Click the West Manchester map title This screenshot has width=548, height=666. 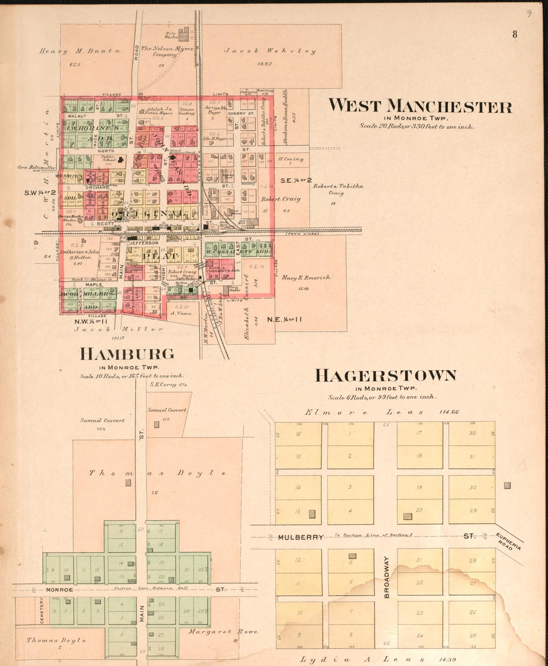(420, 106)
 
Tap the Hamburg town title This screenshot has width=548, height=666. (128, 354)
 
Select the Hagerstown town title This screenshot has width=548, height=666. (386, 375)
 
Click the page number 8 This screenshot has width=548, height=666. (515, 34)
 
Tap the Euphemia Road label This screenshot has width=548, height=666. (509, 541)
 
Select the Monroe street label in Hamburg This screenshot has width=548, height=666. (59, 590)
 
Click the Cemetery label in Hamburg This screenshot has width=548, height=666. (42, 611)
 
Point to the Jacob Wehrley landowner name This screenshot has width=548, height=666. (270, 51)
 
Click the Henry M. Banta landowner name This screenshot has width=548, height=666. (80, 51)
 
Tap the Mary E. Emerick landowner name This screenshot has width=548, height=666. (306, 278)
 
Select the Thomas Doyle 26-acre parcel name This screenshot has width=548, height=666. (157, 473)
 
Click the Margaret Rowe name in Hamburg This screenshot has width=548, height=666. (223, 632)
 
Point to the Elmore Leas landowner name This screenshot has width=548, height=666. (364, 412)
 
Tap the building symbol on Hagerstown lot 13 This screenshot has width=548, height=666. (312, 514)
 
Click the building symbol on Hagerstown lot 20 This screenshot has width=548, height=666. (408, 517)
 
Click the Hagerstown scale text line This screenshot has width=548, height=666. (382, 397)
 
